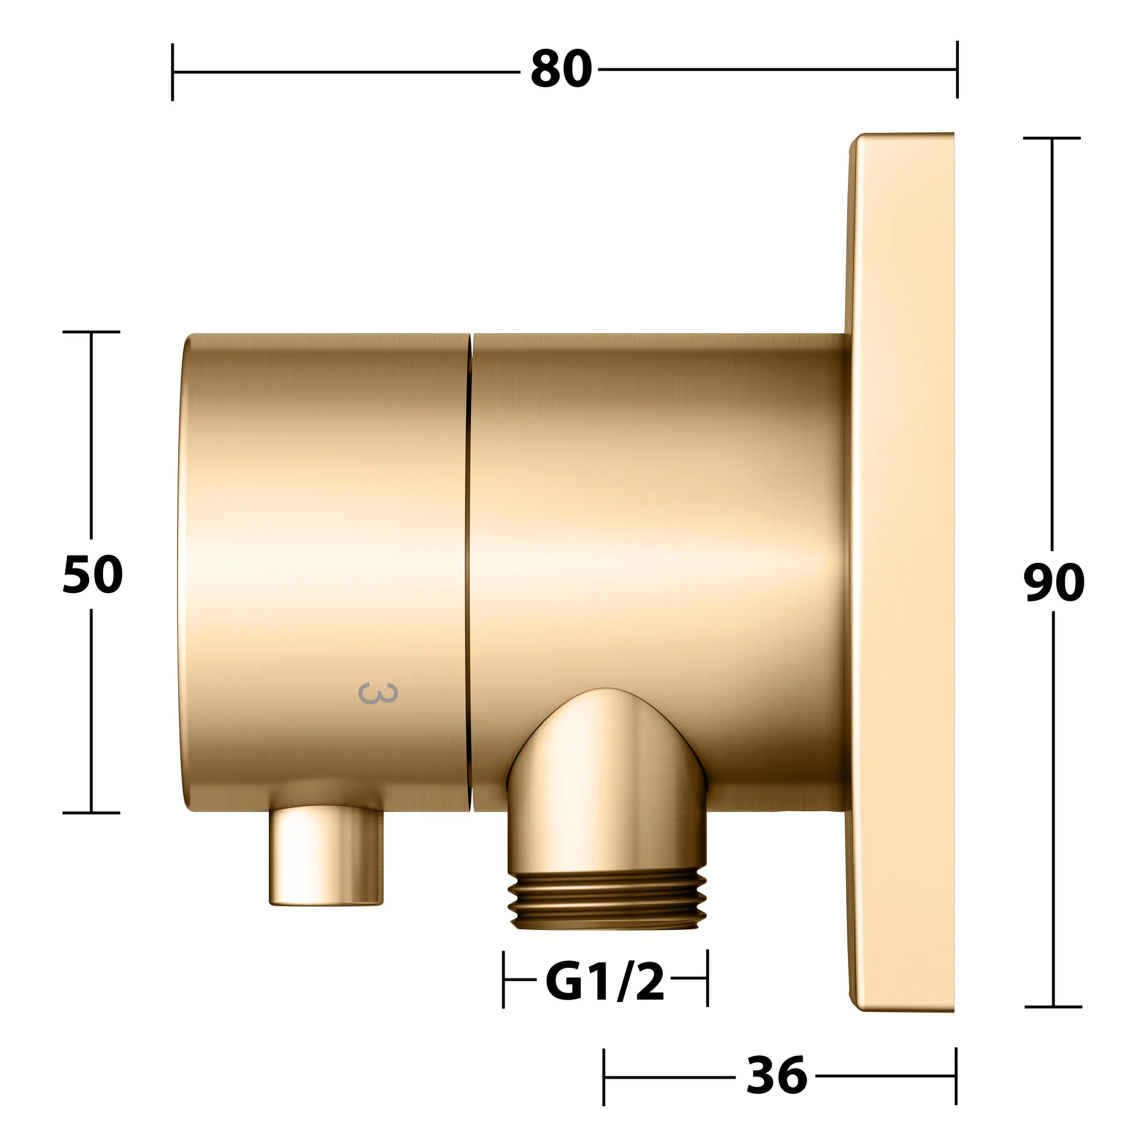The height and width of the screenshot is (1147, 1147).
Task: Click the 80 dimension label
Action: coord(561,70)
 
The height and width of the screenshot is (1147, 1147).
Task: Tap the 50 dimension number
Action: coord(92,575)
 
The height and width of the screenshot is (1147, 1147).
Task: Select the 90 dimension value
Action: coord(1054,582)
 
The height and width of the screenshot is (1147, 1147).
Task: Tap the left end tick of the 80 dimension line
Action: coord(172,72)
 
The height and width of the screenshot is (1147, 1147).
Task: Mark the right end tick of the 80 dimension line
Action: coord(957,69)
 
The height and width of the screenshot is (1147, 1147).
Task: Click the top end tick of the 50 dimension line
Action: coord(91,332)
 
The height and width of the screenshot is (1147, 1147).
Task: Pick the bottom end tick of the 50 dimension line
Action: coord(91,813)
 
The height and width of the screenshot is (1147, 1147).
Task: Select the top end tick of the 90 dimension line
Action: coord(1052,138)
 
